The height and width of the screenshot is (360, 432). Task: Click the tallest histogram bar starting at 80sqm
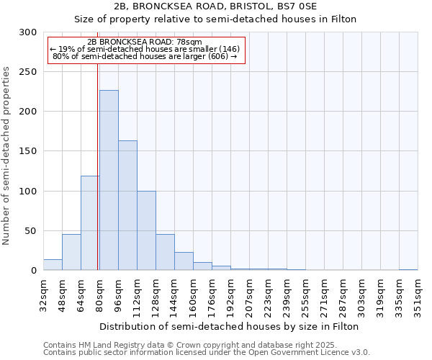[x=109, y=180]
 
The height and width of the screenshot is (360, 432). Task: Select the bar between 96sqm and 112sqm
[x=127, y=205]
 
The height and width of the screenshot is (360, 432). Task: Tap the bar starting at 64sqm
[x=90, y=223]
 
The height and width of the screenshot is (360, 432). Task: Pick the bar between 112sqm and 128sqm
[x=146, y=230]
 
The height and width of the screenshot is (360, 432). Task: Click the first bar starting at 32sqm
[x=53, y=265]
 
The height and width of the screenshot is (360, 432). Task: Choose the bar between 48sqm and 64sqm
[x=71, y=252]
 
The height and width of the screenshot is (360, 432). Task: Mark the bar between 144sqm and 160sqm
[x=184, y=261]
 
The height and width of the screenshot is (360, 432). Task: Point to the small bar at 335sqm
[x=408, y=269]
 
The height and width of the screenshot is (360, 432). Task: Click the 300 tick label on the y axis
[x=28, y=32]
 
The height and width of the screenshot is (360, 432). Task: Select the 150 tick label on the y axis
[x=28, y=151]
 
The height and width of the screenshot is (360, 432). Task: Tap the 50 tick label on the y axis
[x=31, y=231]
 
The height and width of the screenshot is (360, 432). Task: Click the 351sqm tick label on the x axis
[x=418, y=295]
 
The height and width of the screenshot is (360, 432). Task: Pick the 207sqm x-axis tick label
[x=249, y=295]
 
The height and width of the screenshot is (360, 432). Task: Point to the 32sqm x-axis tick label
[x=43, y=295]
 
